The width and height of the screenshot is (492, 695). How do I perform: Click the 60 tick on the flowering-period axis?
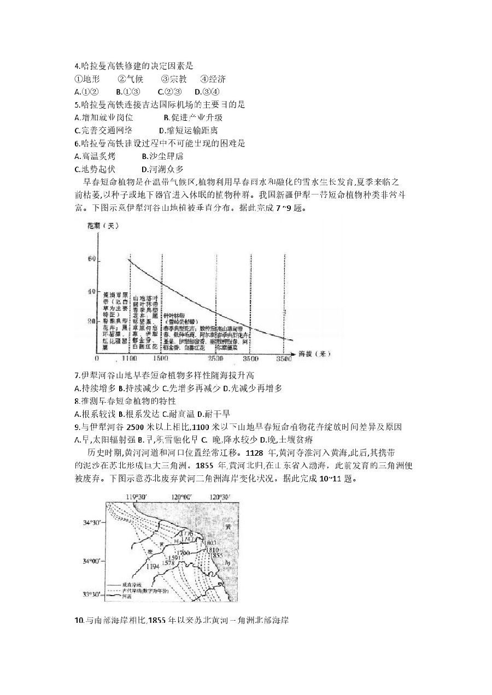(90, 260)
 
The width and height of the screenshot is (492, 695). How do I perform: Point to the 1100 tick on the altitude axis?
(129, 358)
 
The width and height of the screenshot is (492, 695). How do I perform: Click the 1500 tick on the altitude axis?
(161, 358)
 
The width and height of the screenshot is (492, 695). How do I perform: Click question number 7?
(77, 375)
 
